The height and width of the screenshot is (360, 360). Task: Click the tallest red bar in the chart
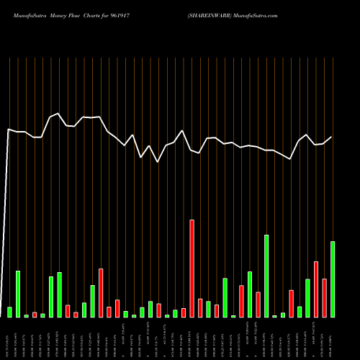pyautogui.click(x=192, y=268)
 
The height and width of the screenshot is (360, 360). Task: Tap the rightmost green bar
pyautogui.click(x=333, y=279)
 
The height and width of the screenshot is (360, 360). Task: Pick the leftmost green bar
pyautogui.click(x=9, y=312)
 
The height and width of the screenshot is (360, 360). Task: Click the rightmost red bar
pyautogui.click(x=324, y=297)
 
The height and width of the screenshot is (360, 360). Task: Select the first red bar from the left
pyautogui.click(x=35, y=315)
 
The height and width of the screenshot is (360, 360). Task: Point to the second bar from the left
pyautogui.click(x=18, y=294)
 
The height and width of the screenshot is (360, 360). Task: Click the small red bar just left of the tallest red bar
pyautogui.click(x=184, y=312)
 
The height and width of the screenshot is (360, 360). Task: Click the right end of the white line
pyautogui.click(x=332, y=137)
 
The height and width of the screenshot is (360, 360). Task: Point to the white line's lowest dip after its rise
pyautogui.click(x=158, y=162)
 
